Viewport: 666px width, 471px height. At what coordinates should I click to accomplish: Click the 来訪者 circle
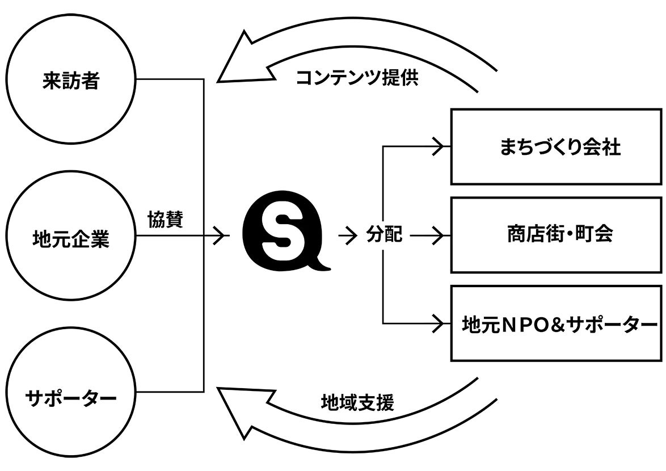click(x=71, y=81)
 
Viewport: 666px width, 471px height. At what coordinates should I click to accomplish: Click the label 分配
click(x=384, y=235)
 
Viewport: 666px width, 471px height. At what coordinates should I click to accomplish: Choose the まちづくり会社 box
click(x=556, y=147)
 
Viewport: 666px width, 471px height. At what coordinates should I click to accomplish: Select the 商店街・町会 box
click(x=556, y=235)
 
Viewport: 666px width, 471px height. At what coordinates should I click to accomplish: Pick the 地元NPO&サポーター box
click(x=556, y=323)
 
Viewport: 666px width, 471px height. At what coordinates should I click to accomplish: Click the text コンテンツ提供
click(x=357, y=78)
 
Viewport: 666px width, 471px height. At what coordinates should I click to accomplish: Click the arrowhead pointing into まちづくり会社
click(x=438, y=147)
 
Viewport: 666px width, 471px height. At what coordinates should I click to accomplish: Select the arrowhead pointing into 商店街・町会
click(x=438, y=235)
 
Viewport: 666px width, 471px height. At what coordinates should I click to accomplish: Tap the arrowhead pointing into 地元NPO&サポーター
click(x=438, y=323)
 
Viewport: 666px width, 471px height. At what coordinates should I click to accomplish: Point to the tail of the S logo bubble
click(x=324, y=265)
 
